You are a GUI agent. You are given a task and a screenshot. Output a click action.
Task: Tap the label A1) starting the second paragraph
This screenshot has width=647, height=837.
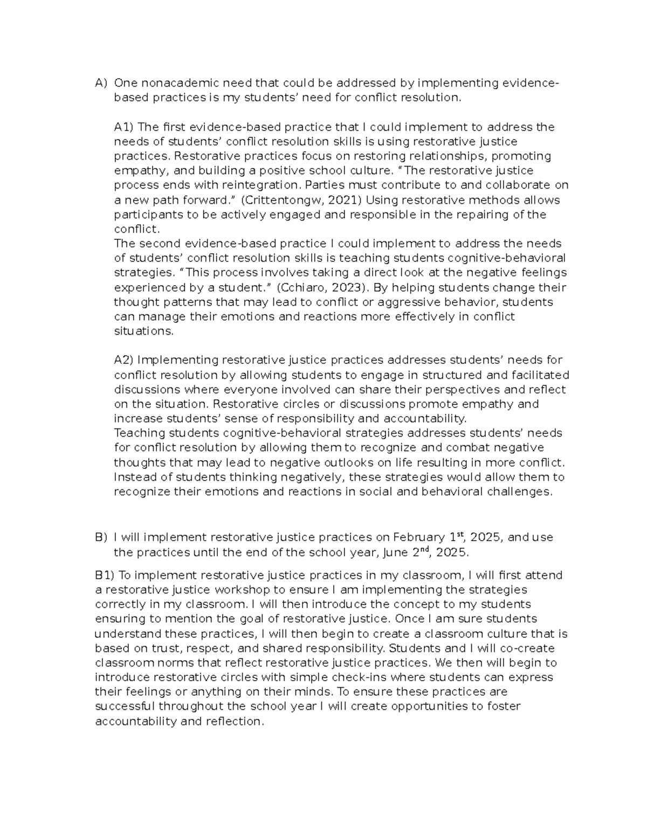pyautogui.click(x=125, y=127)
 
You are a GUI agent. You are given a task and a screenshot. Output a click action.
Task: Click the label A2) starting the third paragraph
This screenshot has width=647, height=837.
pyautogui.click(x=125, y=360)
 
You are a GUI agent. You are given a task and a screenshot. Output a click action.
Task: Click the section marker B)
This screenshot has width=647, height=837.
pyautogui.click(x=101, y=538)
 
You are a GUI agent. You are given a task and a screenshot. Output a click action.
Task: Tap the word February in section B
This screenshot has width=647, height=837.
pyautogui.click(x=419, y=538)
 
